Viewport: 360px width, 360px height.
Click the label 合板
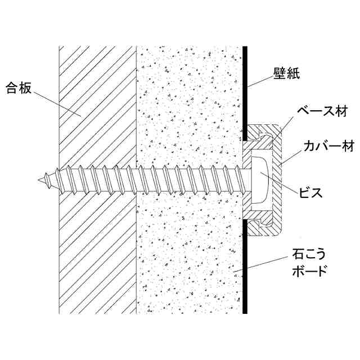coord(20,88)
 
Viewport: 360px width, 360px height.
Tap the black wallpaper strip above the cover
coord(246,90)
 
